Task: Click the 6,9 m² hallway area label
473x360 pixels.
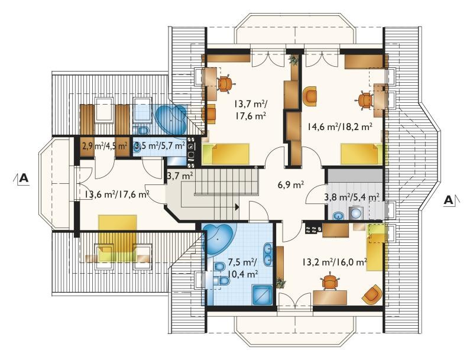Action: (290, 184)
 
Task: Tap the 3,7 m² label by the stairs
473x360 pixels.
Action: (180, 175)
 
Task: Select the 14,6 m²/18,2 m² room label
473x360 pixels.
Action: (339, 127)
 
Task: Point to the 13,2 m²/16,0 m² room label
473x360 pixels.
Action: (335, 261)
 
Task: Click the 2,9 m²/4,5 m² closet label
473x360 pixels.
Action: (105, 146)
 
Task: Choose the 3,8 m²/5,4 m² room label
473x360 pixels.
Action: (352, 197)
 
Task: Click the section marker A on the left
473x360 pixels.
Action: (23, 178)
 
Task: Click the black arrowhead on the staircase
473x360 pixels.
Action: (237, 207)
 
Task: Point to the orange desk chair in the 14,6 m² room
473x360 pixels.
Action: (365, 100)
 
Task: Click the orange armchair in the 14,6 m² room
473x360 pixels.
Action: (310, 96)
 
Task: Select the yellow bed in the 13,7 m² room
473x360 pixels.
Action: (226, 154)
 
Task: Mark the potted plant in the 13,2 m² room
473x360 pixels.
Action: (281, 283)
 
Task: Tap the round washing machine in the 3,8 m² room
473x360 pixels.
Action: (357, 213)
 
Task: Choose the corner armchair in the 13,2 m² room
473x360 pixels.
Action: (372, 294)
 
